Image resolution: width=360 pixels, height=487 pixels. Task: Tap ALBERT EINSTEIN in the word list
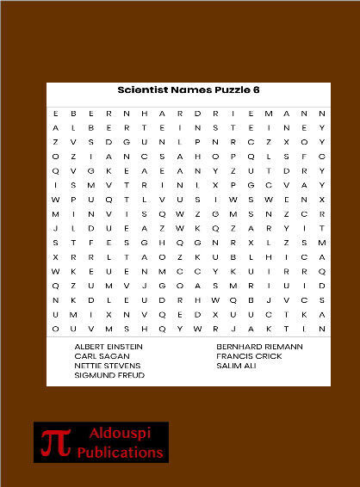(x=108, y=346)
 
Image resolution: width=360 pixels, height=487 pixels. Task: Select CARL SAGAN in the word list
(x=102, y=355)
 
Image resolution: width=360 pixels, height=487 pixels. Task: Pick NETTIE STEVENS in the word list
(x=108, y=366)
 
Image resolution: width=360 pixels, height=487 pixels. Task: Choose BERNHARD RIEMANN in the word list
(x=260, y=346)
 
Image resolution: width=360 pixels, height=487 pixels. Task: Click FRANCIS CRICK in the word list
(x=249, y=355)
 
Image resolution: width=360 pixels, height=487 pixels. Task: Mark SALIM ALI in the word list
(x=236, y=366)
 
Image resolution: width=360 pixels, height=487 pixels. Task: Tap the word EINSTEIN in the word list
(x=124, y=346)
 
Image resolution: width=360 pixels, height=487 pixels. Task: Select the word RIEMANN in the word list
(x=283, y=346)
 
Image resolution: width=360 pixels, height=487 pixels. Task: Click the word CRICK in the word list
(x=268, y=355)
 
